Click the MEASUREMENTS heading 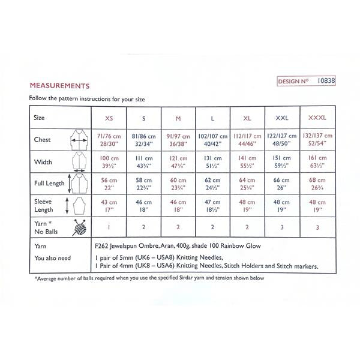(x=59, y=86)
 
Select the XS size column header (x=109, y=118)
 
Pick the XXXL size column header (x=317, y=118)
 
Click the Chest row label (x=43, y=140)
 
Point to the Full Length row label (x=49, y=182)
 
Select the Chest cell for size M (x=179, y=140)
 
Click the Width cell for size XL (x=248, y=161)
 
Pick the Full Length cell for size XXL (x=283, y=182)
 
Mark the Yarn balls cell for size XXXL (x=317, y=227)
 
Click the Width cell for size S (x=143, y=161)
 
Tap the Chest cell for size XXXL (x=317, y=140)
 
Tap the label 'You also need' (x=54, y=257)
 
